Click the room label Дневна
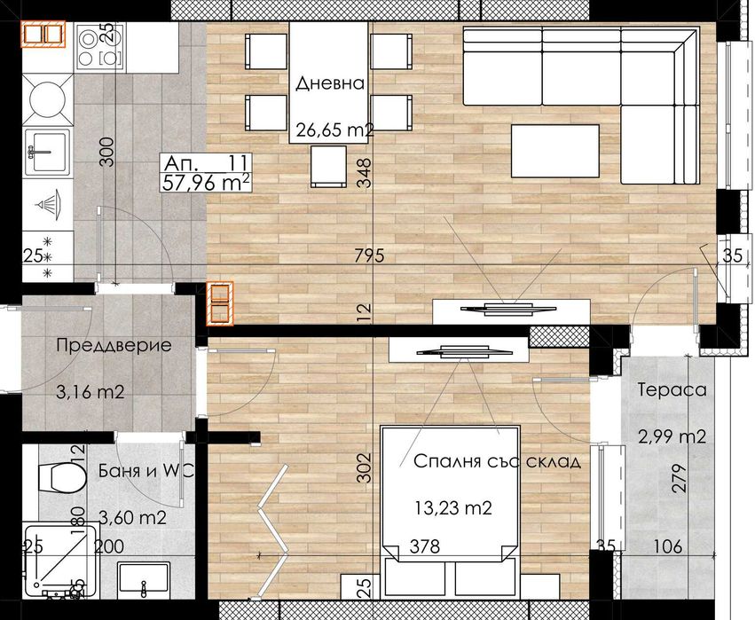330,84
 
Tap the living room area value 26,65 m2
334,130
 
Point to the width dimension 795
368,257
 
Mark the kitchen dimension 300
106,153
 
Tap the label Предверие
114,345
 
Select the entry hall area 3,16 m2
90,390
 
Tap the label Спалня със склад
497,462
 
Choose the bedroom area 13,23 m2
453,508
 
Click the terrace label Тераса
672,390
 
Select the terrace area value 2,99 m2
672,436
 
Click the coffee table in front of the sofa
555,152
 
